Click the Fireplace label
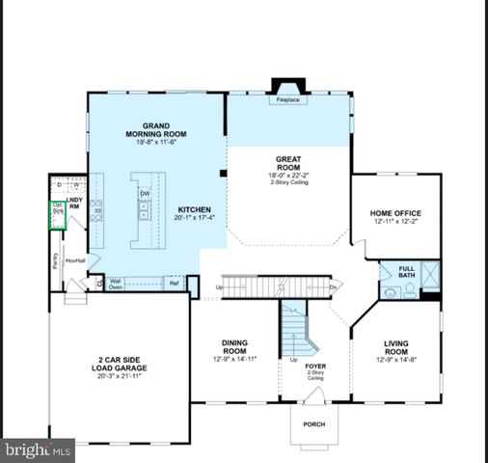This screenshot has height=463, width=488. pos(286,98)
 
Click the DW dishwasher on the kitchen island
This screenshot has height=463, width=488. pos(144,193)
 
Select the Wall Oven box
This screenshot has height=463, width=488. pos(115,284)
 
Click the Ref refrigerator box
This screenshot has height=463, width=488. pos(174,284)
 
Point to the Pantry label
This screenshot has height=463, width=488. pos(56,260)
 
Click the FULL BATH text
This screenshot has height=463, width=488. pos(406,271)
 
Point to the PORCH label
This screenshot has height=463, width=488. pos(314,423)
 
